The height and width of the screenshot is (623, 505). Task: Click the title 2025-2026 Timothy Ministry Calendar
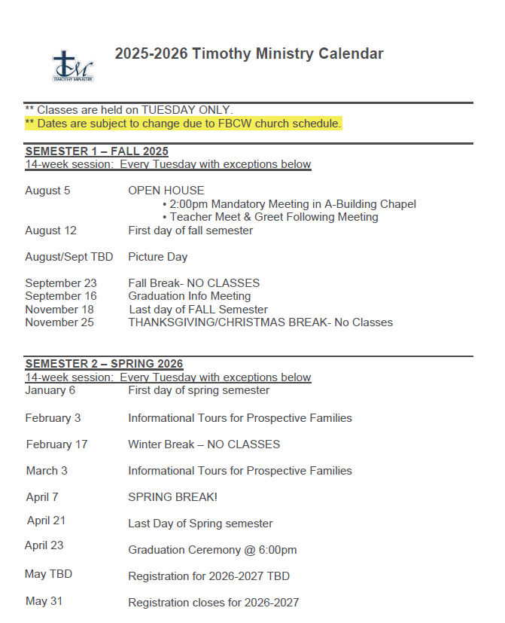pos(249,53)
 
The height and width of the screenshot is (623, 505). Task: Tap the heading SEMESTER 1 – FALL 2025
pos(96,151)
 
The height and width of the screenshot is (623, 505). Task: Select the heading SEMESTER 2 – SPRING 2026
pos(104,364)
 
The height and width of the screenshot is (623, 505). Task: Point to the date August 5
pos(47,191)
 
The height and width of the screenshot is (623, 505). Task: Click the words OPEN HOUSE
pos(166,191)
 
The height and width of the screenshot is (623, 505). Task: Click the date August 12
pos(50,231)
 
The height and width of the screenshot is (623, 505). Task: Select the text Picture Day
pos(157,257)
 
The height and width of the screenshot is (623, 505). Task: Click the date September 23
pos(61,283)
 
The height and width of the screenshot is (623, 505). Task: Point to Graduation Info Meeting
pos(189,296)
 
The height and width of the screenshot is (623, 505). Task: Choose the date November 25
pos(59,322)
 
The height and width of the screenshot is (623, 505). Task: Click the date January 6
pos(50,390)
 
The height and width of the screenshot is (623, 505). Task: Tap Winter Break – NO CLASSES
pos(204,444)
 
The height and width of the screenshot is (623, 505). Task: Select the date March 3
pos(47,471)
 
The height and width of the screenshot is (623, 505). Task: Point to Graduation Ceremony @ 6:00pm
pos(212,550)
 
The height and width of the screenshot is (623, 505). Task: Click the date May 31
pos(44,601)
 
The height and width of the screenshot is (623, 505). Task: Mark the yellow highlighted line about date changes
pos(184,124)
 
